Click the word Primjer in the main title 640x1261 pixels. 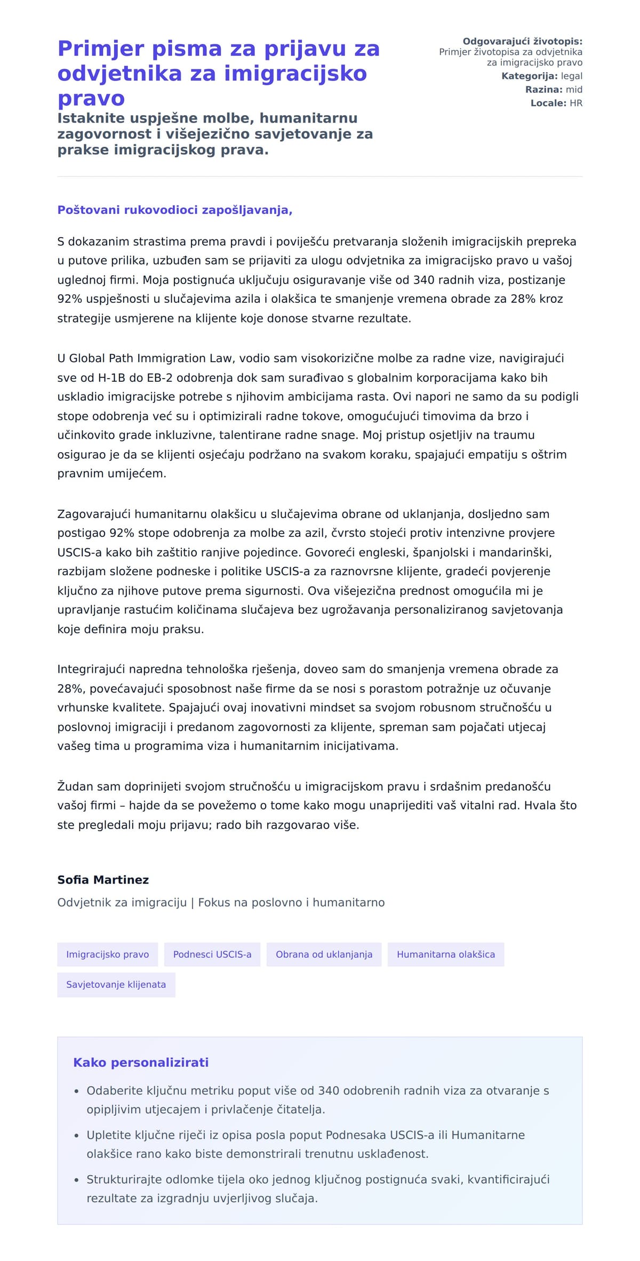(100, 49)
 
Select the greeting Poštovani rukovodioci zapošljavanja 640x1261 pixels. (175, 210)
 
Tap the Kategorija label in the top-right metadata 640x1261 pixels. (529, 76)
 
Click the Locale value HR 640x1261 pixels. (576, 103)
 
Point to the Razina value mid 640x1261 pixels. (574, 90)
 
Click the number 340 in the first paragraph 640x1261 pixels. (423, 280)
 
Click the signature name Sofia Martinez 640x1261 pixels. (103, 880)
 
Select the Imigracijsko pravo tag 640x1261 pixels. (107, 954)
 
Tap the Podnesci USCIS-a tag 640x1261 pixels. (212, 954)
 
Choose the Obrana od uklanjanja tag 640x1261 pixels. (324, 954)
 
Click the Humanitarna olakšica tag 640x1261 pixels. (446, 954)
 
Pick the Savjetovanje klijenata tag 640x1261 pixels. (116, 985)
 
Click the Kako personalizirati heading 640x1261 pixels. (141, 1063)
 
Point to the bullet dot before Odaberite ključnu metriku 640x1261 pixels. (77, 1091)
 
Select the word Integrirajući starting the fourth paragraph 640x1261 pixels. (91, 669)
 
